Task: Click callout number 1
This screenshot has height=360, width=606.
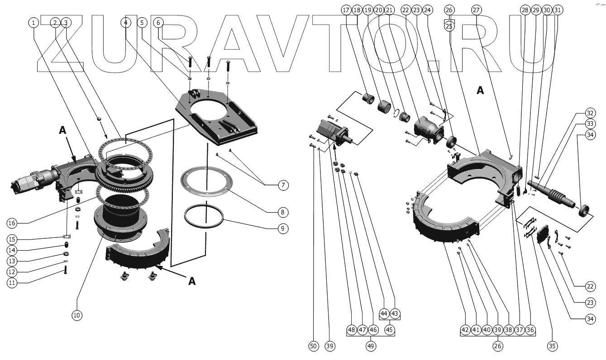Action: coord(34,22)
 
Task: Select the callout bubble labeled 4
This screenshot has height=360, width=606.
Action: coord(126,22)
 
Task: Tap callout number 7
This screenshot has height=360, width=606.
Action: coord(283,185)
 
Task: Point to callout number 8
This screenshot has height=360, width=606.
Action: coord(283,211)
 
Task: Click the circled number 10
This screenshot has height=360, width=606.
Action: coord(77,315)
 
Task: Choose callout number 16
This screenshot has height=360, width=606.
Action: coord(11,223)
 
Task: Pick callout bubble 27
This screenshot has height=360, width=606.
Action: coord(476,9)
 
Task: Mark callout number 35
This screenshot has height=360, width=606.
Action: coord(552,346)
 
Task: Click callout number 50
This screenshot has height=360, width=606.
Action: coord(313,346)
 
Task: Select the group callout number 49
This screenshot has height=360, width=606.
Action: coord(371,346)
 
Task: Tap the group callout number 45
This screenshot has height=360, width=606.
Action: coord(389,330)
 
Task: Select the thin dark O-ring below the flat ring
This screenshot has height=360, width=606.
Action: coord(204,217)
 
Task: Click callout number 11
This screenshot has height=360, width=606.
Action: coord(11,283)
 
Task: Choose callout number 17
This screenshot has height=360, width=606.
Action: coord(346,9)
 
